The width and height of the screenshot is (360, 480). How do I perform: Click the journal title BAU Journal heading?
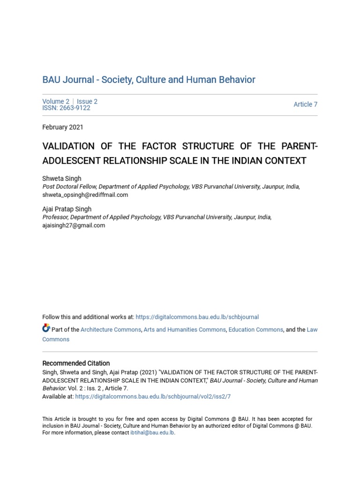point(149,80)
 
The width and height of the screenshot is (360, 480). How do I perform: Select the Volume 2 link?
point(56,101)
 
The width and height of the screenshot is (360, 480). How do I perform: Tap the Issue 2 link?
point(87,101)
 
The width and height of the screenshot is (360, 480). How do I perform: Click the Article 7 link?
point(305,105)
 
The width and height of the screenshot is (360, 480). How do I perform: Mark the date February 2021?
point(63,127)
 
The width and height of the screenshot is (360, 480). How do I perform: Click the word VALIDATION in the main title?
point(68,147)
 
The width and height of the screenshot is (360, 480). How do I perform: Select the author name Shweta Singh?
point(62,179)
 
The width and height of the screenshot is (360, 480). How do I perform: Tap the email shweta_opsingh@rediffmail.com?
point(85,195)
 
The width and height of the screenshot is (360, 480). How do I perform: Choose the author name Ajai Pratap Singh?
point(67,209)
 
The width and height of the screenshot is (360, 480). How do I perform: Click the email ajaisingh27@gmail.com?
point(74,225)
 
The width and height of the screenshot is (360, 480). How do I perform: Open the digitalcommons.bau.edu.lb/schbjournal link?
point(197,317)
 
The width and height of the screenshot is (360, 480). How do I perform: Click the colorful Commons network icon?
point(46,328)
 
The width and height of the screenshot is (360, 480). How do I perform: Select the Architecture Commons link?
point(111,330)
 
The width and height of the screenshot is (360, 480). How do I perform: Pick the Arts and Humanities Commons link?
point(185,330)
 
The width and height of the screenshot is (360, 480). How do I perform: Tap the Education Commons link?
point(255,330)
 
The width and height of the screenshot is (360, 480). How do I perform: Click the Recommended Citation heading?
point(76,363)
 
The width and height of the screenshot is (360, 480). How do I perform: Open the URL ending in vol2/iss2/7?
point(153,397)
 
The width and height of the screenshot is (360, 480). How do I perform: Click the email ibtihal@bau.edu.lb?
point(152,433)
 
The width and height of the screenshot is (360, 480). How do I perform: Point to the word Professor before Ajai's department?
point(55,217)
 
